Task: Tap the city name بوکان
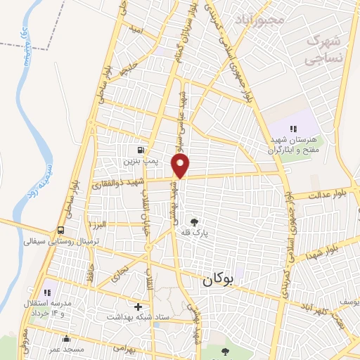218,280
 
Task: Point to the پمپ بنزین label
142,161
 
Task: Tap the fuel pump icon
142,150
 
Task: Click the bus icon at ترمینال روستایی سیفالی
62,230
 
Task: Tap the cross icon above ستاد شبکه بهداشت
138,307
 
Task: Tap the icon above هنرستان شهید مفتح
293,129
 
